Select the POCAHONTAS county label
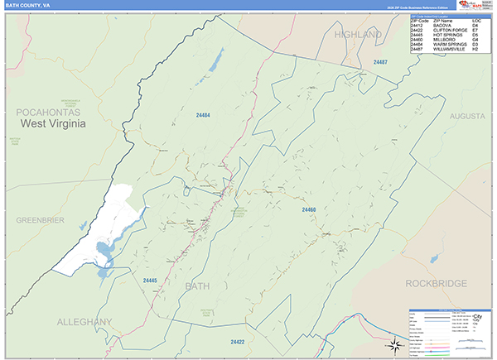coord(50,110)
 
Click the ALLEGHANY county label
coord(84,320)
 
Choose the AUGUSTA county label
coord(467,117)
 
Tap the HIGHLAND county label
coord(358,35)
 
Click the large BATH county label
coord(198,286)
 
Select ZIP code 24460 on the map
coord(309,209)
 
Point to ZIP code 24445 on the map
coord(150,281)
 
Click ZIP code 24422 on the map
coord(238,342)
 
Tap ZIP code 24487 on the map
coord(380,63)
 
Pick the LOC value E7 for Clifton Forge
coord(475,30)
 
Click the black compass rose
coord(396,344)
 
